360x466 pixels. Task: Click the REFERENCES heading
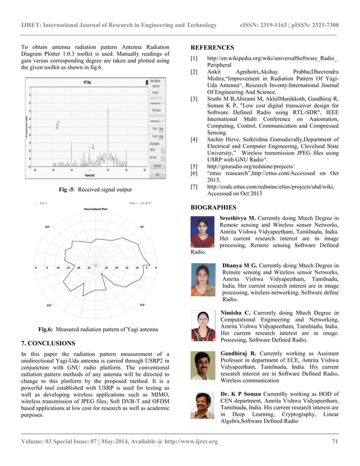[x=212, y=47]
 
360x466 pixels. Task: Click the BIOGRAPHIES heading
[x=213, y=208]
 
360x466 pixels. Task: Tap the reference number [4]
[x=194, y=139]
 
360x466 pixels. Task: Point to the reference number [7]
[x=194, y=186]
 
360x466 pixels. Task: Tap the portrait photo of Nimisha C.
[x=203, y=326]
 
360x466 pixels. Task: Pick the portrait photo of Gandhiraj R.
[x=203, y=366]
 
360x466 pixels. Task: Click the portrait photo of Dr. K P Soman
[x=203, y=406]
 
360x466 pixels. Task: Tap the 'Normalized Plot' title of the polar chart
[x=96, y=209]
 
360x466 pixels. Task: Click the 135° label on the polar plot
[x=47, y=227]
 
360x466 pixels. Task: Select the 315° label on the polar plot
[x=142, y=305]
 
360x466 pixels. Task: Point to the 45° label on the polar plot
[x=142, y=227]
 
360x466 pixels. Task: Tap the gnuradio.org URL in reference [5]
[x=243, y=167]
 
